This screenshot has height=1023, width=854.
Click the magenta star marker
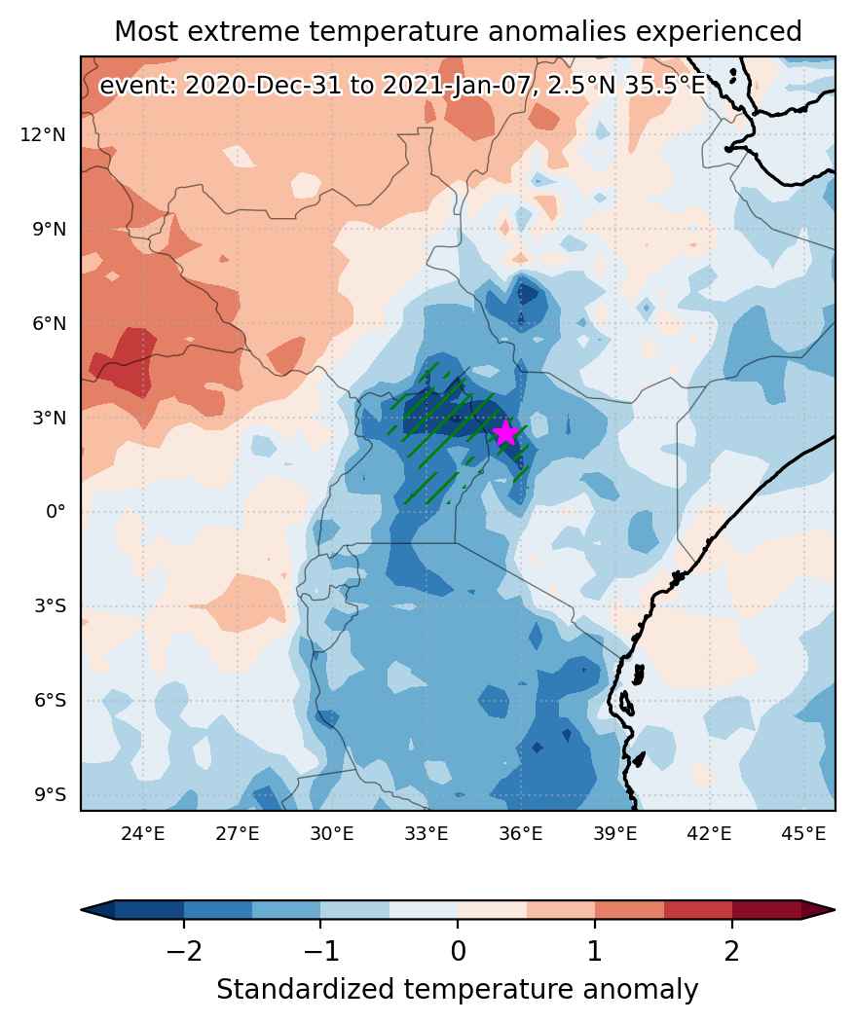pyautogui.click(x=506, y=433)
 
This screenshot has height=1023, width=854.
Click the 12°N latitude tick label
pyautogui.click(x=43, y=135)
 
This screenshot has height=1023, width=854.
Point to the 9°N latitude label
pyautogui.click(x=50, y=230)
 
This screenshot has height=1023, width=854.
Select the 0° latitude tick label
pyautogui.click(x=56, y=512)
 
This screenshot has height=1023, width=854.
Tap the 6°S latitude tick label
pyautogui.click(x=51, y=701)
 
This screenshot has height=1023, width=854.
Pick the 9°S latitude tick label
pyautogui.click(x=51, y=794)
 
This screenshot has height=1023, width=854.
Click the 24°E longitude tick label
pyautogui.click(x=143, y=834)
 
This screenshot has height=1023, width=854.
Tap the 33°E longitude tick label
pyautogui.click(x=427, y=834)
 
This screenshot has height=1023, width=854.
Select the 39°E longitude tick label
pyautogui.click(x=615, y=834)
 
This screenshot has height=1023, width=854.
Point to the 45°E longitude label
pyautogui.click(x=803, y=834)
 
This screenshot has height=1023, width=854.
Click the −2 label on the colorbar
pyautogui.click(x=183, y=952)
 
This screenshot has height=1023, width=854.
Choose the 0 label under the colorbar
pyautogui.click(x=459, y=952)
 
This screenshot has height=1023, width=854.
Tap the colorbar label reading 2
pyautogui.click(x=732, y=952)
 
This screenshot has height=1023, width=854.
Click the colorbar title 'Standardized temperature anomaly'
pyautogui.click(x=457, y=990)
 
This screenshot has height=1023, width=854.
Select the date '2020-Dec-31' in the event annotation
pyautogui.click(x=263, y=86)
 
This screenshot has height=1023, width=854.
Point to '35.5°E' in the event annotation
pyautogui.click(x=665, y=86)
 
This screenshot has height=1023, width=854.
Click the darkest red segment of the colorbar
pyautogui.click(x=766, y=909)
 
